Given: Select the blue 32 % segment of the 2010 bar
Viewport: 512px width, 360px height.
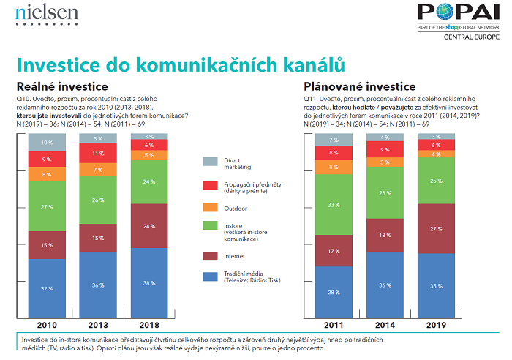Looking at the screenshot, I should [47, 288].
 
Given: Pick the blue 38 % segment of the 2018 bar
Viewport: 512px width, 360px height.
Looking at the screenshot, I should [148, 283].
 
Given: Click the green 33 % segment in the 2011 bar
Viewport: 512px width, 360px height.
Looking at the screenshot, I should [333, 206].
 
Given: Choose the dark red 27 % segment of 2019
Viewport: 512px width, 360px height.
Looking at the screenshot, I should [437, 229].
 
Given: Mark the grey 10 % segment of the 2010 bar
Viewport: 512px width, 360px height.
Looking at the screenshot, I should [47, 142].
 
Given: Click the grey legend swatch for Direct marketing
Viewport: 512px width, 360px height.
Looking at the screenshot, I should [209, 162].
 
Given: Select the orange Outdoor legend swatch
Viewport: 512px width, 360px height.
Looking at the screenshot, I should [209, 209].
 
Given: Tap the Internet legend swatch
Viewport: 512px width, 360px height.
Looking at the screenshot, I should [209, 256].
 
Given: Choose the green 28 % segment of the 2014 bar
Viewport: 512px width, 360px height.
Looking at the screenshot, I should [385, 194].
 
